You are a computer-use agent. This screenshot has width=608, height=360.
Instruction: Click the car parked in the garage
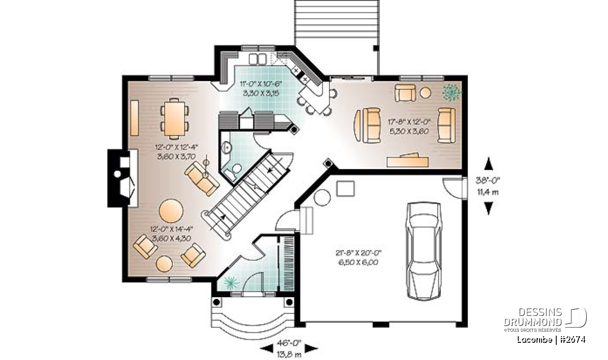424,251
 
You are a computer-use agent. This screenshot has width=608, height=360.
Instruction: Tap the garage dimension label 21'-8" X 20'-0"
359,253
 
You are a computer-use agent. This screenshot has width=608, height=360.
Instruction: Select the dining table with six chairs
174,118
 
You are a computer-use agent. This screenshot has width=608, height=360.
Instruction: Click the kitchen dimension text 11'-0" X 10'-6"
261,84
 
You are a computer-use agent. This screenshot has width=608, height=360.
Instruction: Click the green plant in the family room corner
451,93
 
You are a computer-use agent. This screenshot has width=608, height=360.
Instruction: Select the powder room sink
226,148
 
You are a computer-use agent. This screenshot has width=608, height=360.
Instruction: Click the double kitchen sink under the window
257,59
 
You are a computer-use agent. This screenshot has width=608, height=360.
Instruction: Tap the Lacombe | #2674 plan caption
551,340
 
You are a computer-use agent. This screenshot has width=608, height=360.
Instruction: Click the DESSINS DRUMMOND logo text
533,317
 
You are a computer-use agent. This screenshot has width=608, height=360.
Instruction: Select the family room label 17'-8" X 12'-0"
409,122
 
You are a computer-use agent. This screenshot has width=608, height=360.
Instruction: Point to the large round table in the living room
171,211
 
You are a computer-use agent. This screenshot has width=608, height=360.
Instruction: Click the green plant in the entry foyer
231,283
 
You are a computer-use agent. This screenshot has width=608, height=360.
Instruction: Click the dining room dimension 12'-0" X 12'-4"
177,147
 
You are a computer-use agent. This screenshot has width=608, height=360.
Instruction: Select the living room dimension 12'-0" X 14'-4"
172,229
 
